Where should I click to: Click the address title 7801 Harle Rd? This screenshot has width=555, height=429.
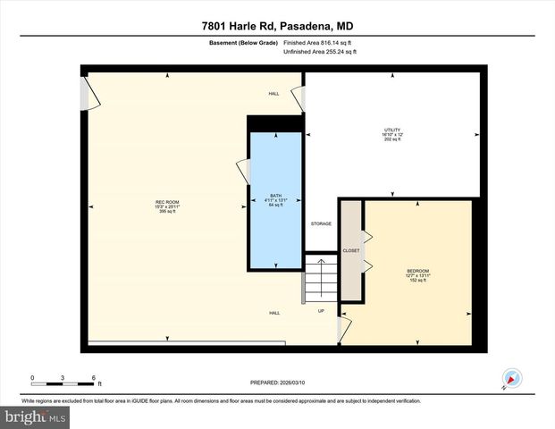coord(277,26)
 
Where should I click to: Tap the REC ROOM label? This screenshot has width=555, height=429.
coord(168,203)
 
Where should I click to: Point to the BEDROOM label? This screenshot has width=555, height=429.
coord(418,271)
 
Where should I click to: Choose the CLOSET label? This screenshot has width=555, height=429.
coord(351,251)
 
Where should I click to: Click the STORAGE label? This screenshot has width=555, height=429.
coord(321,223)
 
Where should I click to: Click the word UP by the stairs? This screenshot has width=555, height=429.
coord(321,311)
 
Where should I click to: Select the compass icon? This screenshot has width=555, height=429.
coord(511,378)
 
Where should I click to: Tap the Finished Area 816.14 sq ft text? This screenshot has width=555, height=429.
coord(320,42)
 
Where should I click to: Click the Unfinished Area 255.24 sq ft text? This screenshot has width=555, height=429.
coord(320,53)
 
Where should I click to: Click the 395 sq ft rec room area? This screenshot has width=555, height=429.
coord(168,212)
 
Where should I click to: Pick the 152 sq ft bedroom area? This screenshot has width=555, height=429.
coord(418,281)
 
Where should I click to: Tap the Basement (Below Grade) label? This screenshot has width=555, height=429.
coord(243,42)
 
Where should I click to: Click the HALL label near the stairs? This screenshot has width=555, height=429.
coord(275,313)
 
